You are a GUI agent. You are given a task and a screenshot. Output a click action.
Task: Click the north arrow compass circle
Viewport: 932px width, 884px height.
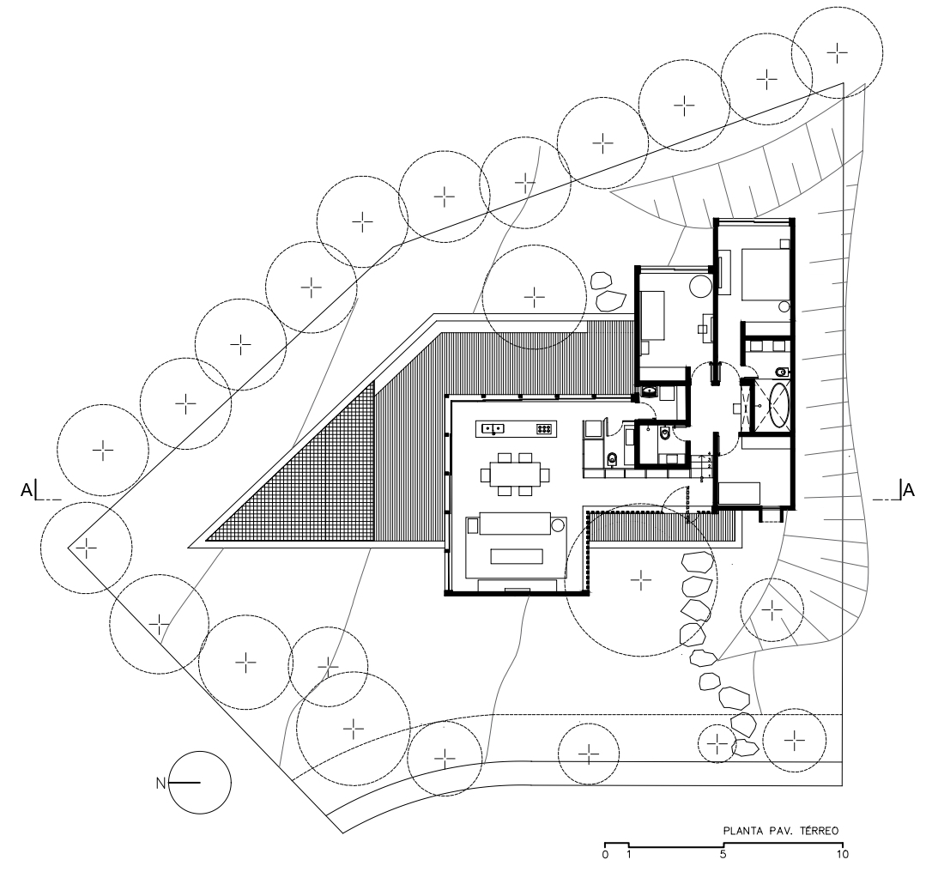point(200,783)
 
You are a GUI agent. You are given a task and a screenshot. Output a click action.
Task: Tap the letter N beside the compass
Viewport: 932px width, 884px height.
point(160,783)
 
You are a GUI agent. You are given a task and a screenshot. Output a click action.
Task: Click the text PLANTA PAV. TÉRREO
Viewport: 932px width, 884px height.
point(780,831)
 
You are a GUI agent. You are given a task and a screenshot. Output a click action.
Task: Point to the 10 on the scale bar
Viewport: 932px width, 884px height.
point(842,856)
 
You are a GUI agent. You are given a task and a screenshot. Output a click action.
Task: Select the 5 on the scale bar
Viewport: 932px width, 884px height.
point(723,856)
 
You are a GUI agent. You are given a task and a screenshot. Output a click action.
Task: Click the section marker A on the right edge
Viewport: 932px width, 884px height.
point(907,490)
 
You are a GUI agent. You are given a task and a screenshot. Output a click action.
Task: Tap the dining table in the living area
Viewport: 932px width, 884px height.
point(515,473)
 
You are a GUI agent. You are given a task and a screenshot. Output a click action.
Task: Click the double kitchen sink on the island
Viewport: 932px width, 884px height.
point(492,427)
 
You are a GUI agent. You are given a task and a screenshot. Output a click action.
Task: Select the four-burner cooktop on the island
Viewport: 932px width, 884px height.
point(543,427)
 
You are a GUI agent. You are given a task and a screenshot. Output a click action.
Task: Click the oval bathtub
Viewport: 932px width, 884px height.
point(780,405)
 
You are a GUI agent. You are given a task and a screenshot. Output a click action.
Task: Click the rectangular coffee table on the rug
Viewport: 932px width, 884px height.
point(515,556)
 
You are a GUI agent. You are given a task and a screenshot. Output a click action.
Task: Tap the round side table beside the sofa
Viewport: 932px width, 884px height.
point(558,524)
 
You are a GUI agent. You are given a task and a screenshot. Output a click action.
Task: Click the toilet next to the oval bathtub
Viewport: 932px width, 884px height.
point(779,372)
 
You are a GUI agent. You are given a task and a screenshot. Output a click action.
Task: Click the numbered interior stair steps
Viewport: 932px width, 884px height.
point(705,468)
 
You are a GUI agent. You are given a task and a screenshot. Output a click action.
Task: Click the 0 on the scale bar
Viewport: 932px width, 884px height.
point(605,856)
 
